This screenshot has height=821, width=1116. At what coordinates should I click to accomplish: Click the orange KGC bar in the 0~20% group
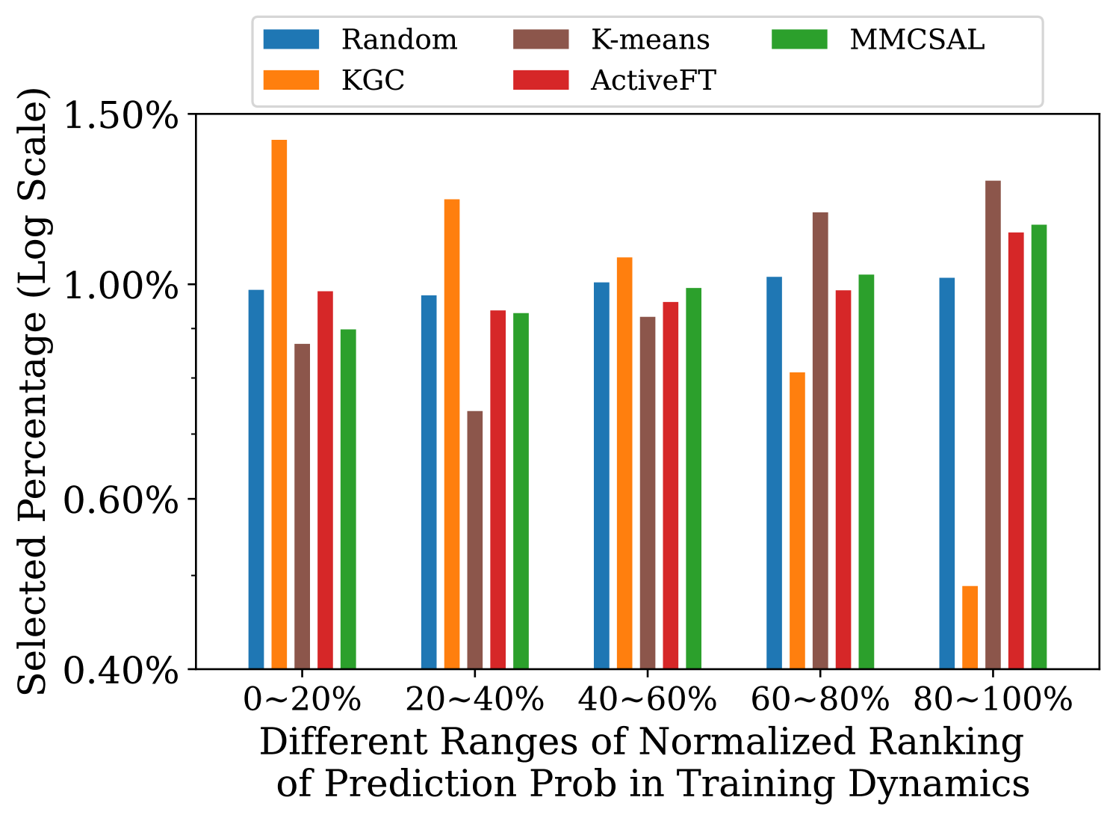coord(279,404)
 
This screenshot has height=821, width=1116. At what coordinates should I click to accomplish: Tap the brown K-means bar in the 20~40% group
coord(475,539)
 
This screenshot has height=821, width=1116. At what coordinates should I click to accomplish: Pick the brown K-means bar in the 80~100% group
coord(993,424)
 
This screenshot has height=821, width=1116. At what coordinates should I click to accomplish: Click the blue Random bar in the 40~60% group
coord(601,475)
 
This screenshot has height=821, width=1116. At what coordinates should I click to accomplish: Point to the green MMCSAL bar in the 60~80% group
coord(866,471)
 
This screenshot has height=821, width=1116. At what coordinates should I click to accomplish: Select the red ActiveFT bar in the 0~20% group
coord(325,479)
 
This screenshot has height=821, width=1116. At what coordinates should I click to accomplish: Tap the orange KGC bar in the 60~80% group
coord(797,520)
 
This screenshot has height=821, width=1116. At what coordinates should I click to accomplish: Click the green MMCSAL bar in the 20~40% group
coord(521,491)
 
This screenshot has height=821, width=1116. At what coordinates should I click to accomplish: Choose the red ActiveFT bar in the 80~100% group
coord(1016,450)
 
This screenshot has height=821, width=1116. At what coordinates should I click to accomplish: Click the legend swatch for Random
coord(291,39)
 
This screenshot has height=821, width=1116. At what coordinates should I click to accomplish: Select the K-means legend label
coord(650,39)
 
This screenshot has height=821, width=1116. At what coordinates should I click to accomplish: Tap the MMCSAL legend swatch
coord(799,39)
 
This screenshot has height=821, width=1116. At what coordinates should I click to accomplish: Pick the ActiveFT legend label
coord(653,80)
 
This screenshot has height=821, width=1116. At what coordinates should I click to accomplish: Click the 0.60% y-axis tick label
coord(121,499)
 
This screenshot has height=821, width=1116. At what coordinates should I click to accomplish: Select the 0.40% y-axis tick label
coord(121,670)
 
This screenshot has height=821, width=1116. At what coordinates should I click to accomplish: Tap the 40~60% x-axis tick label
coord(647,701)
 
